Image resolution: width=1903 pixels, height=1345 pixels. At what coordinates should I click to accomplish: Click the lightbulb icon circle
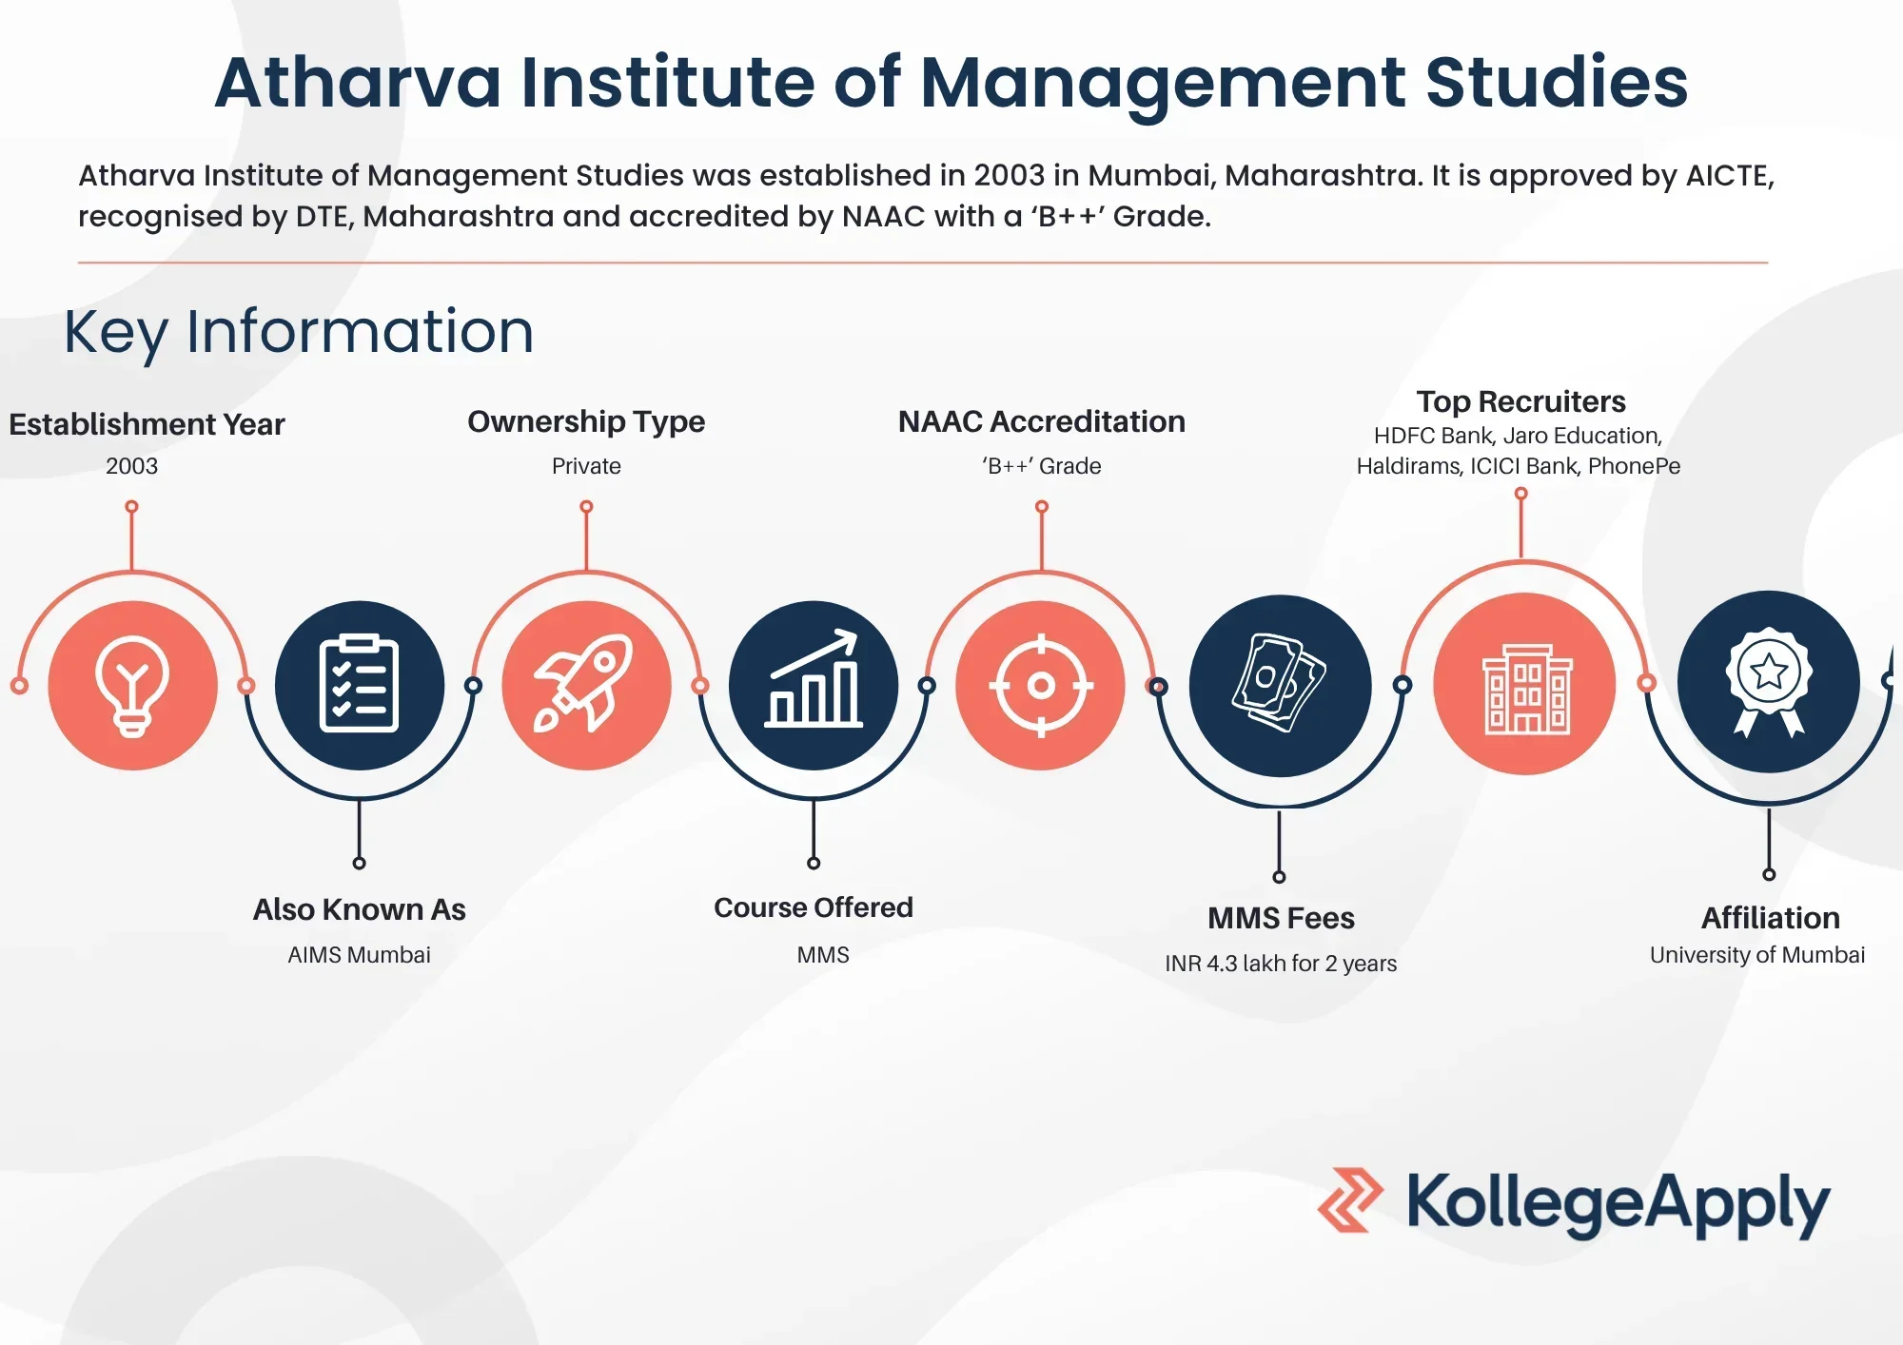pos(132,685)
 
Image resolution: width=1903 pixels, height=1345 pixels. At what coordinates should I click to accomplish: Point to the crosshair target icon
pos(1041,685)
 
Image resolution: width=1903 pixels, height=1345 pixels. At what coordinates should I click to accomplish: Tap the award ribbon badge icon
pos(1769,682)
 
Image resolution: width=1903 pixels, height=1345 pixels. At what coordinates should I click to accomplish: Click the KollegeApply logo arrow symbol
pos(1351,1200)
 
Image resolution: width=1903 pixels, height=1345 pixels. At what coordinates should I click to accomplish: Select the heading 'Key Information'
pos(299,332)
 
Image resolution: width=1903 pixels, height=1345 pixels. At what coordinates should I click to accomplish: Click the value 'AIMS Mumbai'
pos(359,954)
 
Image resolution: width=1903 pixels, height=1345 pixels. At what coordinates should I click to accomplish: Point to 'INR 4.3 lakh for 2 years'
pos(1281,964)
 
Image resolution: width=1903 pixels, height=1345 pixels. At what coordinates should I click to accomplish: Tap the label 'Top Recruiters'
pos(1520,401)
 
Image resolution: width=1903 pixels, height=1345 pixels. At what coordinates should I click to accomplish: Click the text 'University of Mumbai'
pos(1757,955)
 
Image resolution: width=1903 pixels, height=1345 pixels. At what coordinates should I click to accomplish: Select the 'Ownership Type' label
pos(586,421)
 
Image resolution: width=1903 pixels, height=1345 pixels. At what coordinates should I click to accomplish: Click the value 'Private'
pos(586,466)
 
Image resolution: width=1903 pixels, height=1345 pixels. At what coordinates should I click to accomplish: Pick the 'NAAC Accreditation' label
pos(1042,421)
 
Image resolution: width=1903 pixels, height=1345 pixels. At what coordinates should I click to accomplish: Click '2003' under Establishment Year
pos(131,466)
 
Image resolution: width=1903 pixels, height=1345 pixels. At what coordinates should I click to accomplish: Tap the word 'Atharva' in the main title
pos(358,82)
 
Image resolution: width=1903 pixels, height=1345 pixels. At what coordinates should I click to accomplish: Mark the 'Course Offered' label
pos(814,907)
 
